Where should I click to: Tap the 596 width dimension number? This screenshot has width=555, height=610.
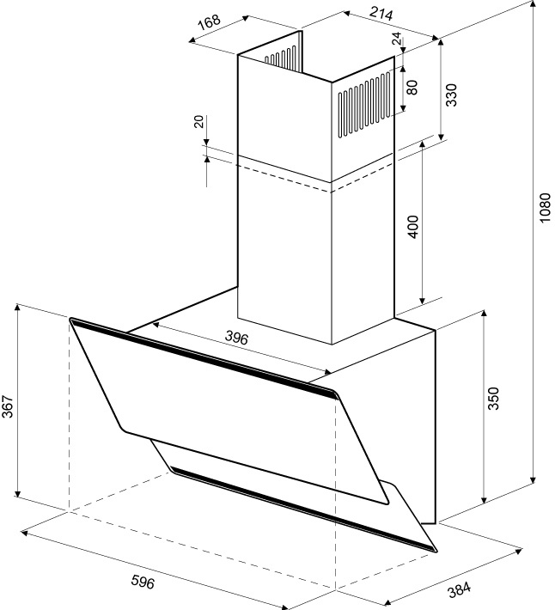coord(143,582)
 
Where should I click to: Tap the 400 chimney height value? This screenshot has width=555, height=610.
coord(412,226)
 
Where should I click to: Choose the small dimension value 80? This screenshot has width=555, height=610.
coord(412,87)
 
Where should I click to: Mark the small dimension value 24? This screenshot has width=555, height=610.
coord(396,40)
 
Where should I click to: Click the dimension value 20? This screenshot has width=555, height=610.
coord(199,122)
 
